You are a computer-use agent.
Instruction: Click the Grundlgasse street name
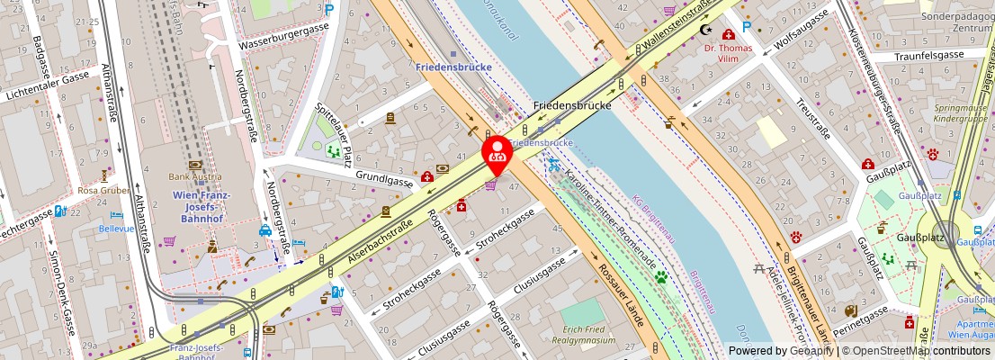pyautogui.click(x=382, y=179)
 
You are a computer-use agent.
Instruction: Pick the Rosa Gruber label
pyautogui.click(x=104, y=190)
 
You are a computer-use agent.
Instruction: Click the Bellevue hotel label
pyautogui.click(x=117, y=229)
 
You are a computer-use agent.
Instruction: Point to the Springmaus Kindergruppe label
pyautogui.click(x=959, y=112)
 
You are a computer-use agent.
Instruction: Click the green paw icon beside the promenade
pyautogui.click(x=661, y=277)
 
